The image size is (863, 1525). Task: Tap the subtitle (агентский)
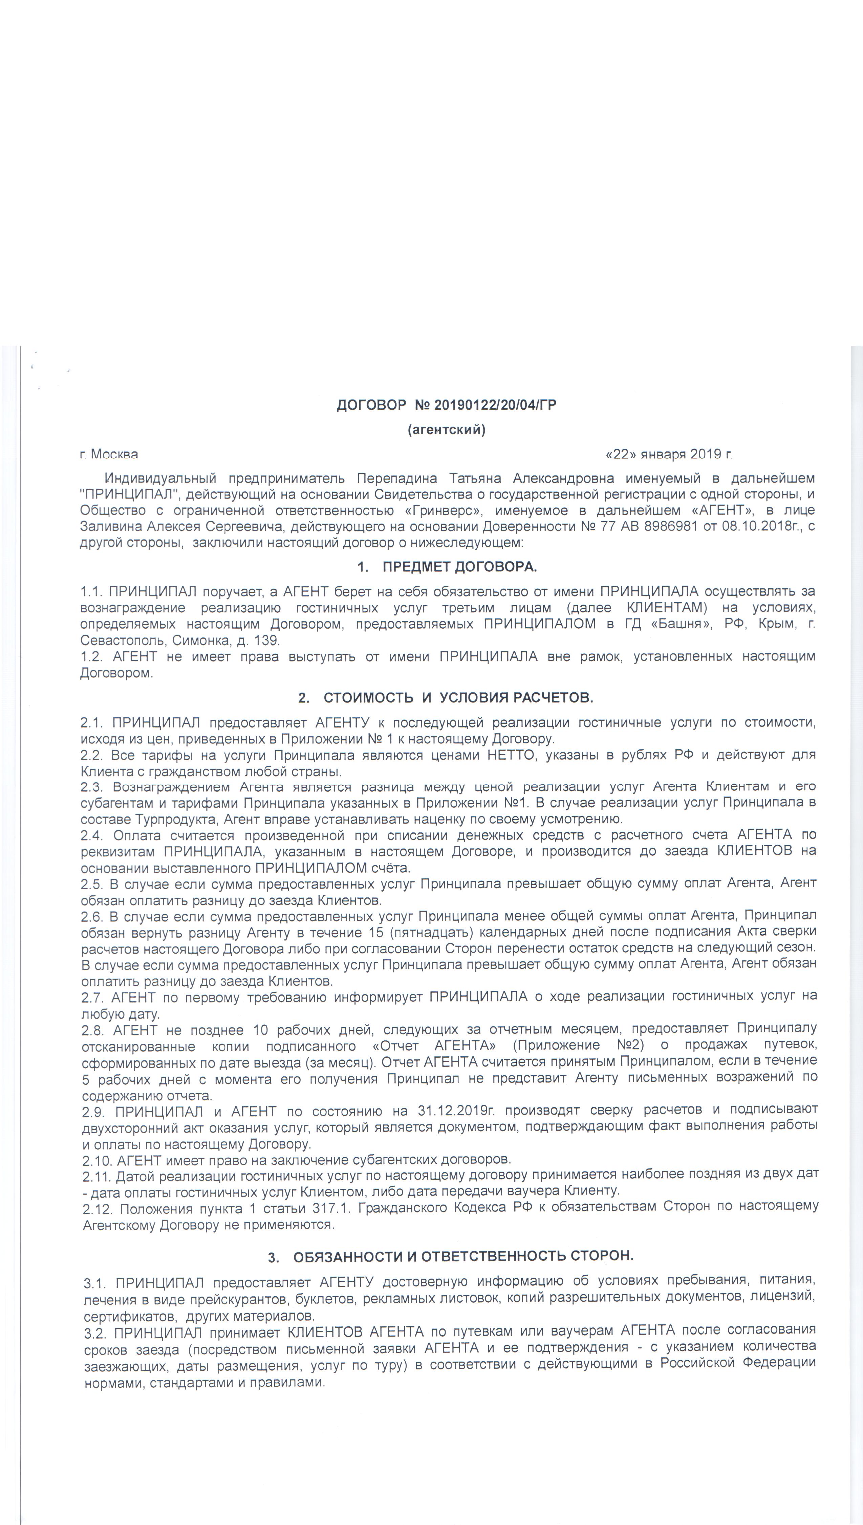(446, 430)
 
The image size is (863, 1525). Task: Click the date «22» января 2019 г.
(669, 454)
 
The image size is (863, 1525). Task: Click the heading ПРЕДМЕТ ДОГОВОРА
(459, 567)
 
